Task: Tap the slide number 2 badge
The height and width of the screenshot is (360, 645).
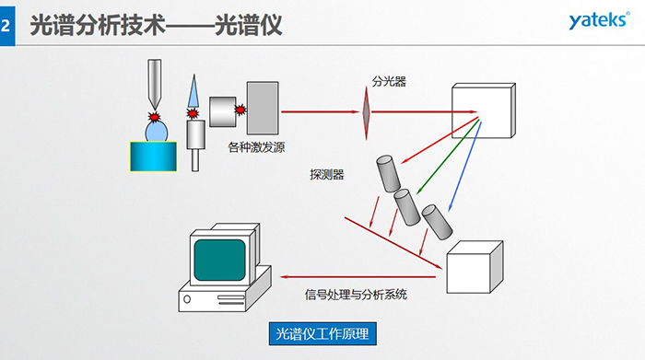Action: click(7, 28)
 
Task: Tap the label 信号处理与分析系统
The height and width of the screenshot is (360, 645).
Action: click(356, 295)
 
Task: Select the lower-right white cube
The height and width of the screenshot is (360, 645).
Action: click(472, 265)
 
